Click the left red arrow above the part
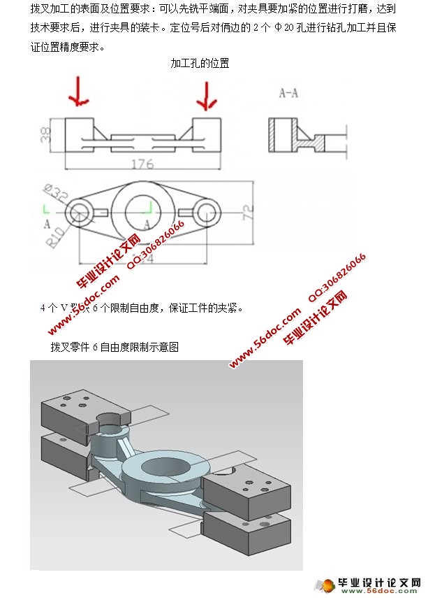[79, 91]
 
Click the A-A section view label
[288, 93]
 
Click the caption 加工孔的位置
[200, 64]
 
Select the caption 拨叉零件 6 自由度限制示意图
[115, 346]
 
